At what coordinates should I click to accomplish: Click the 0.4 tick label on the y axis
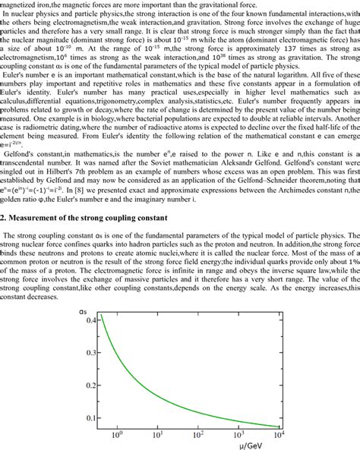pos(93,321)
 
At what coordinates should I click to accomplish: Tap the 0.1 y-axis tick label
pos(93,417)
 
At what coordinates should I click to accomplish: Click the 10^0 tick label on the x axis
pos(118,435)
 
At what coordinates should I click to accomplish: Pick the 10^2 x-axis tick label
pos(199,435)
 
